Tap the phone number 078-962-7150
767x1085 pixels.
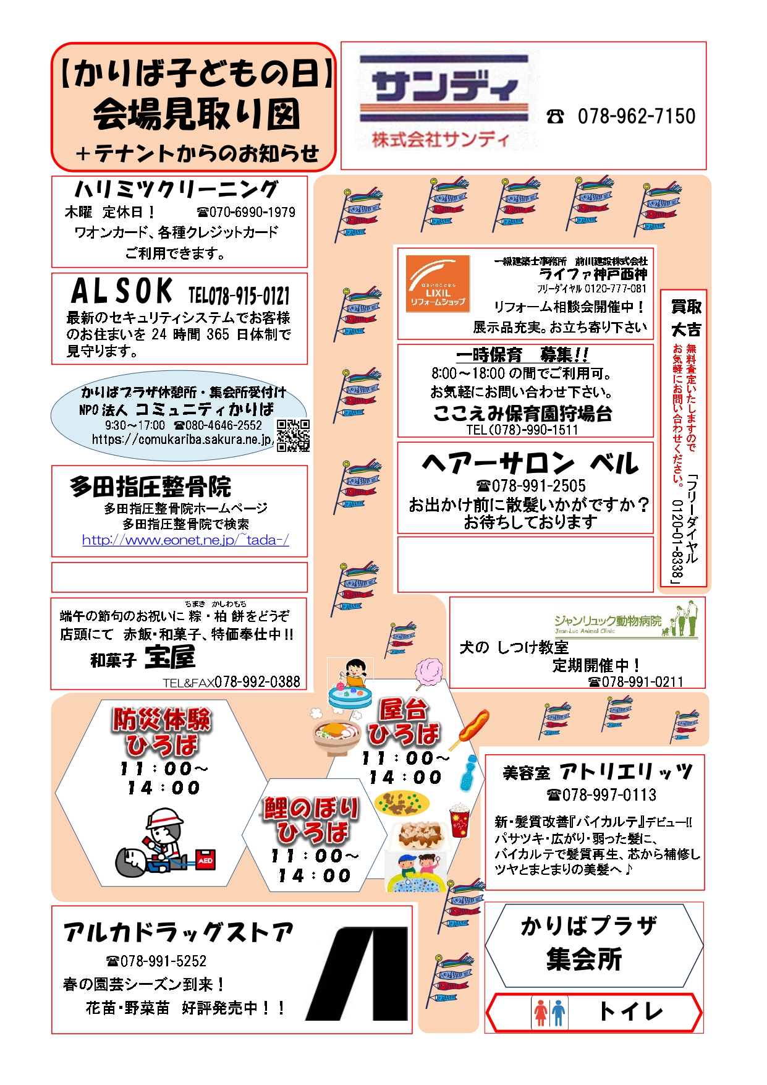[636, 116]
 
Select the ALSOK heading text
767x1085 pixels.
[122, 291]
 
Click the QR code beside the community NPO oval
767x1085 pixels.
[292, 436]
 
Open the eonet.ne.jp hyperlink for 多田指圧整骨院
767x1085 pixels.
[185, 540]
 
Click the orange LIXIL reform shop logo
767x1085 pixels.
[438, 284]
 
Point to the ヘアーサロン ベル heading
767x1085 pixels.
[529, 464]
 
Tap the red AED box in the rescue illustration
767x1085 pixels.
[205, 860]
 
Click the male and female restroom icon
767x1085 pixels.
[549, 1013]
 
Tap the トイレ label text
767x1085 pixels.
[630, 1012]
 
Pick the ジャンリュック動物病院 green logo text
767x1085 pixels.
[608, 621]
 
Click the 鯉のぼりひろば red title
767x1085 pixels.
[311, 820]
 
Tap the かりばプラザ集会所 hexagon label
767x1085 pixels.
[590, 943]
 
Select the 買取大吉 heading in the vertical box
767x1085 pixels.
[685, 318]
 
